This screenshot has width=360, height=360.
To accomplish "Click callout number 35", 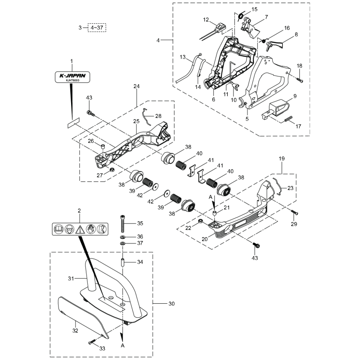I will (x=140, y=223).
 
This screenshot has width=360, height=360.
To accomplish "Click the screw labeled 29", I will (x=295, y=212).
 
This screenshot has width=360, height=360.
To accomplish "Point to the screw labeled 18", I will (x=300, y=79).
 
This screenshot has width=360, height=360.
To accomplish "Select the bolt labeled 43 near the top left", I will (x=90, y=113).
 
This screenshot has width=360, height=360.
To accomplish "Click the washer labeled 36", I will (x=122, y=237).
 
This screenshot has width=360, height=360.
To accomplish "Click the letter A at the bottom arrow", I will (x=122, y=346).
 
